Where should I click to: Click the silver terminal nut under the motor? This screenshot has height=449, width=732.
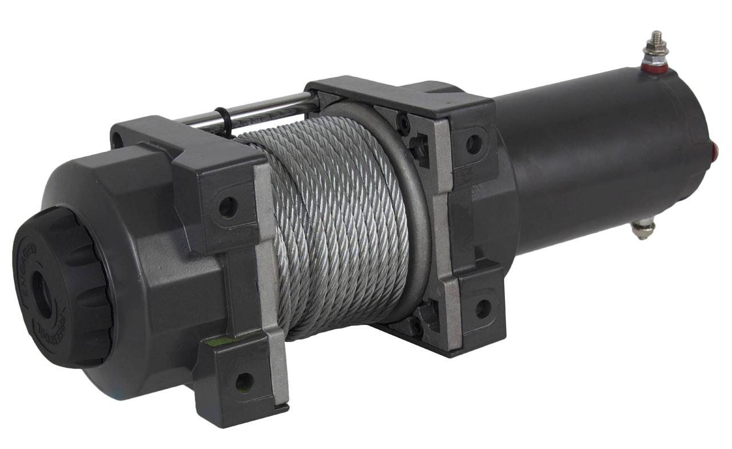coord(643,229)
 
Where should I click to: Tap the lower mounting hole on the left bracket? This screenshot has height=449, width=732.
coord(244,382)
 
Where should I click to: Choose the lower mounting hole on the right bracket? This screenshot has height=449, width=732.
coord(483,309)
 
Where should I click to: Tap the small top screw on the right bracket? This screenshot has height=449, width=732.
coord(405,123)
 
